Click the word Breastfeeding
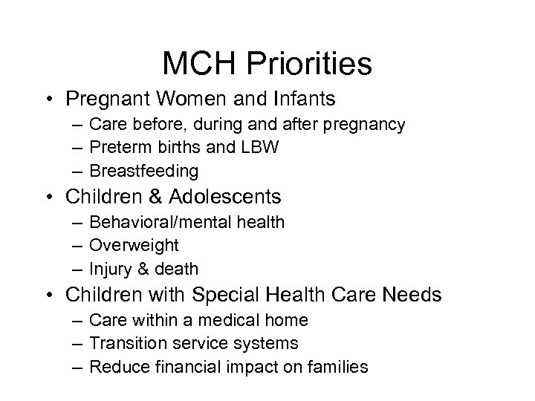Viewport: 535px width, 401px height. (x=144, y=171)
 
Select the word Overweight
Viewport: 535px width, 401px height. (x=134, y=244)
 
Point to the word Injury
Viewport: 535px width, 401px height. (x=110, y=267)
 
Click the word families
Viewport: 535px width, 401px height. (x=338, y=366)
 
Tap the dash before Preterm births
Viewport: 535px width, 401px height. (x=78, y=148)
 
